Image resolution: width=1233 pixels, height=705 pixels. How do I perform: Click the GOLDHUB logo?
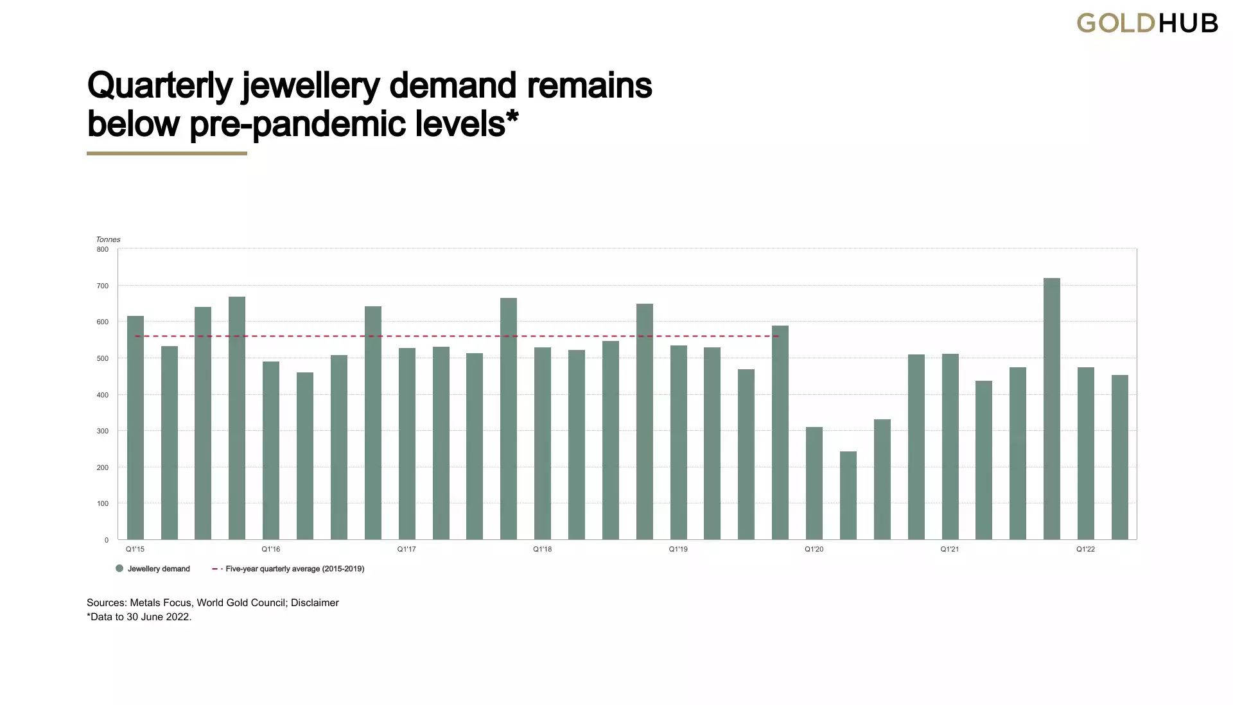point(1147,24)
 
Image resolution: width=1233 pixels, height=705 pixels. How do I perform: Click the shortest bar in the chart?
point(848,495)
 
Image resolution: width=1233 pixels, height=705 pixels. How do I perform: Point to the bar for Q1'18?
point(543,443)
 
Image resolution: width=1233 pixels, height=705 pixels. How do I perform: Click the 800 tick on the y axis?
point(103,249)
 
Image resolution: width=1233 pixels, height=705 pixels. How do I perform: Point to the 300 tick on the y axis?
point(103,431)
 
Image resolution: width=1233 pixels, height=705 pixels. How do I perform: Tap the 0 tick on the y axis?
point(107,540)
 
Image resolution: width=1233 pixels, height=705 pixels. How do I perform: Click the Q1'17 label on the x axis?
point(407,550)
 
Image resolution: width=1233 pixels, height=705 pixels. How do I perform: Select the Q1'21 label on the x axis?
point(950,550)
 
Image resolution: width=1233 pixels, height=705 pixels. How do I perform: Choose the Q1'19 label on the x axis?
point(678,550)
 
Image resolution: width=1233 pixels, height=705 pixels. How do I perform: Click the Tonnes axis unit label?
point(108,239)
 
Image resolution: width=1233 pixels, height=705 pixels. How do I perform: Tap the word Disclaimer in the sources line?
point(315,603)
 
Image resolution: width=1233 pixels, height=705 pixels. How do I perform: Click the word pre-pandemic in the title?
point(299,123)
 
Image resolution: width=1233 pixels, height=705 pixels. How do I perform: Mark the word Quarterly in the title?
point(159,85)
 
